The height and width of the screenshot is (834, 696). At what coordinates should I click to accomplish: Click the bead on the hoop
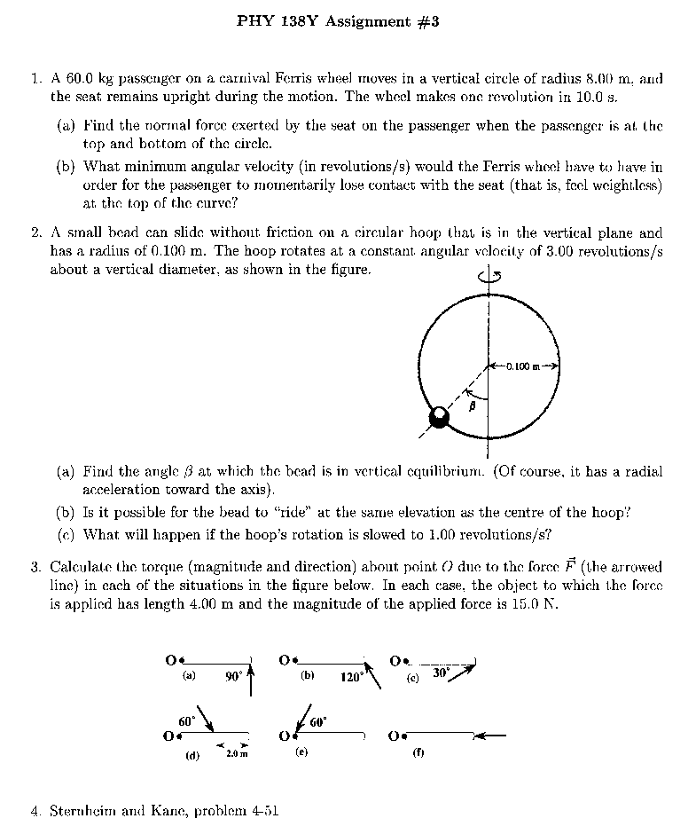439,417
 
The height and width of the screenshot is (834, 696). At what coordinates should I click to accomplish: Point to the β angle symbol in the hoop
473,404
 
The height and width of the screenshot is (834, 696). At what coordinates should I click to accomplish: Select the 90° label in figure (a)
233,676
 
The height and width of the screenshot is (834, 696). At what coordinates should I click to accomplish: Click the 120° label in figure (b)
351,677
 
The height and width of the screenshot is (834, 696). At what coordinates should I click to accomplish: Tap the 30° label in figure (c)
441,673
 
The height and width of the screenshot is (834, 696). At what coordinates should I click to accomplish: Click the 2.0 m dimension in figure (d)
235,754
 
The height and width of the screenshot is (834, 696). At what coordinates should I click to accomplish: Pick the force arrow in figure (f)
492,735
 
